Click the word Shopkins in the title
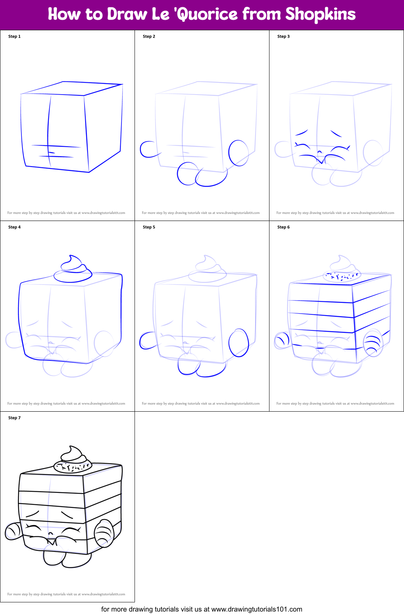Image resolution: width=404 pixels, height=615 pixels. [x=320, y=14]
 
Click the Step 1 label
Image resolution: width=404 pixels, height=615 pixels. [x=15, y=36]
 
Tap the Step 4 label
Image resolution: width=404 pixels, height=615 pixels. [x=15, y=227]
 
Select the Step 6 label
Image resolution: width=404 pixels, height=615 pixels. [x=283, y=227]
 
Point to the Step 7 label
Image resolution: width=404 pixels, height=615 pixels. [x=15, y=418]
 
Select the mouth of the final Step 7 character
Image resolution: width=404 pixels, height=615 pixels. [x=52, y=541]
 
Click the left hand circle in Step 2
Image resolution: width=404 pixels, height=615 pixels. [x=147, y=150]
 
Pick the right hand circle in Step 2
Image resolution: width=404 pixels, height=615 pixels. [x=239, y=153]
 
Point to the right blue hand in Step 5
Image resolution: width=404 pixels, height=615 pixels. [x=239, y=342]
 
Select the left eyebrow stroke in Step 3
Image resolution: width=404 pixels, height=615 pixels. [x=302, y=133]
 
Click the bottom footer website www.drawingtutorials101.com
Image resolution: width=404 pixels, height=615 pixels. [x=256, y=609]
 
